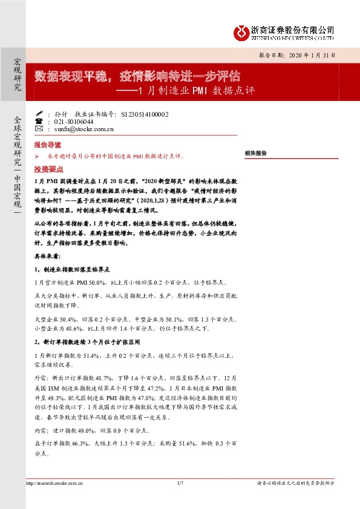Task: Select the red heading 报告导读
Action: pos(47,146)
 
